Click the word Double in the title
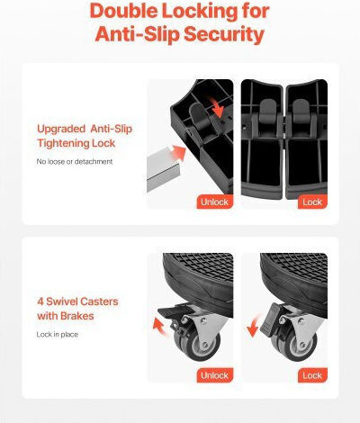123,11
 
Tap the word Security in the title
224,34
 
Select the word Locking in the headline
200,12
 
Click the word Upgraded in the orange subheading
61,130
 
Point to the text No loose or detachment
75,161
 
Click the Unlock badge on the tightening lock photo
215,202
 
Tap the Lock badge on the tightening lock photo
312,202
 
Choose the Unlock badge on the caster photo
215,375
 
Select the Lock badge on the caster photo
312,375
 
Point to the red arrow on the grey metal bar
178,153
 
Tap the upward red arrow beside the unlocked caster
160,327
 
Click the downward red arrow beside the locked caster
254,326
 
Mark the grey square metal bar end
164,170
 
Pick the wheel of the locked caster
295,346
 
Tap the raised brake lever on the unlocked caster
172,311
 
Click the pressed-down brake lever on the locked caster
269,319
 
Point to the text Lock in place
58,335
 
